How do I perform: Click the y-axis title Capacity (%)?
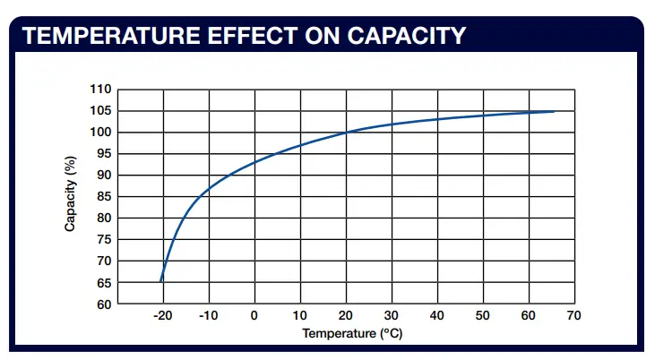pyautogui.click(x=70, y=196)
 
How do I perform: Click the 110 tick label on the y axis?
pyautogui.click(x=101, y=90)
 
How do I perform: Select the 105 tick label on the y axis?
pyautogui.click(x=101, y=111)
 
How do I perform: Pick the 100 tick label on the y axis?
pyautogui.click(x=101, y=133)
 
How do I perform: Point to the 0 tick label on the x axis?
pyautogui.click(x=254, y=316)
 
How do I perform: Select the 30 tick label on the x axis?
pyautogui.click(x=391, y=316)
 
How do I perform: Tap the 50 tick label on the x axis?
pyautogui.click(x=482, y=316)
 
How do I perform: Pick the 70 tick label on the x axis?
pyautogui.click(x=573, y=316)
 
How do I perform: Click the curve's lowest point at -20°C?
pyautogui.click(x=161, y=281)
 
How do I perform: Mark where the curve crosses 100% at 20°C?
pyautogui.click(x=346, y=133)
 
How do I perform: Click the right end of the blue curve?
pyautogui.click(x=554, y=112)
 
